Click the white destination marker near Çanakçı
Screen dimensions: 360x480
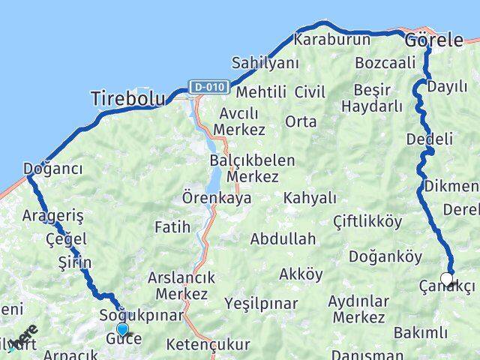[447, 280]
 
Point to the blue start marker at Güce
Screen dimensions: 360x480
[122, 329]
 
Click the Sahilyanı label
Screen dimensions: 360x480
[265, 62]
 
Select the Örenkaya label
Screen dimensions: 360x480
[217, 199]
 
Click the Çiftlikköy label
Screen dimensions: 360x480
[368, 221]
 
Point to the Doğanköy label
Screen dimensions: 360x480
[385, 256]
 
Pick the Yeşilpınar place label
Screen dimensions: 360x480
[261, 304]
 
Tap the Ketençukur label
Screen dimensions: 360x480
[209, 346]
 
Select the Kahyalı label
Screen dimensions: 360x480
[310, 197]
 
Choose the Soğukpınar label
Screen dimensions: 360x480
[142, 316]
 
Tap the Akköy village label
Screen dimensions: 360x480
[301, 274]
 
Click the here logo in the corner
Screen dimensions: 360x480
[24, 337]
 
